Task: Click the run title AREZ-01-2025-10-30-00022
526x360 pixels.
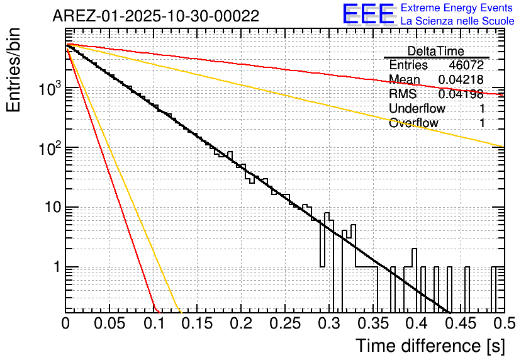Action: [155, 16]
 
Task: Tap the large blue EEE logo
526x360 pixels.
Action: [368, 14]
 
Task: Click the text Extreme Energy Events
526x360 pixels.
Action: [457, 8]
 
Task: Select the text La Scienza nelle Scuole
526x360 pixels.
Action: [457, 21]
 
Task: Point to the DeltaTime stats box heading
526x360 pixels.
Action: [436, 51]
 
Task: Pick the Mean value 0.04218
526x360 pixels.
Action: [461, 79]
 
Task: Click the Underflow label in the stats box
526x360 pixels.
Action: [417, 108]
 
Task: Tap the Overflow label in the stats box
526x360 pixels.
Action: [413, 123]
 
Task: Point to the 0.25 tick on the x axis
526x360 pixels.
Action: [285, 323]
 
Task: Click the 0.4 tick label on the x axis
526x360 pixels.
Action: [417, 323]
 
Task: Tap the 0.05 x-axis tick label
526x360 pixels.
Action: [109, 323]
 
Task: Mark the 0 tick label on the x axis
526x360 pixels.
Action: [66, 323]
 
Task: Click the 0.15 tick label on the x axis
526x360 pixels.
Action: [198, 323]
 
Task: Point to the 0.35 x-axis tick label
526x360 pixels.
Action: [372, 323]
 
